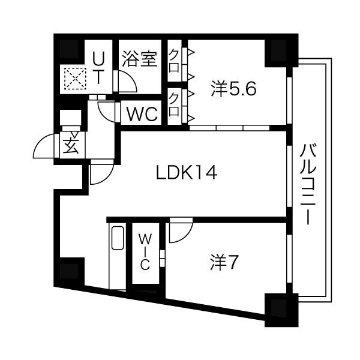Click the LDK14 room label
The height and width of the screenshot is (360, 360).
tap(186, 173)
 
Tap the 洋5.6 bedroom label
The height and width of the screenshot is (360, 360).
tap(233, 89)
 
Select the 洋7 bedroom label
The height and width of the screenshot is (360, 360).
tap(226, 262)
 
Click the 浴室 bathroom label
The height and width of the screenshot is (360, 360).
tap(140, 59)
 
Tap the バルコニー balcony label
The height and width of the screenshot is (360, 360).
tap(308, 183)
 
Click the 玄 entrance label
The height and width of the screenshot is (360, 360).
tap(71, 146)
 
